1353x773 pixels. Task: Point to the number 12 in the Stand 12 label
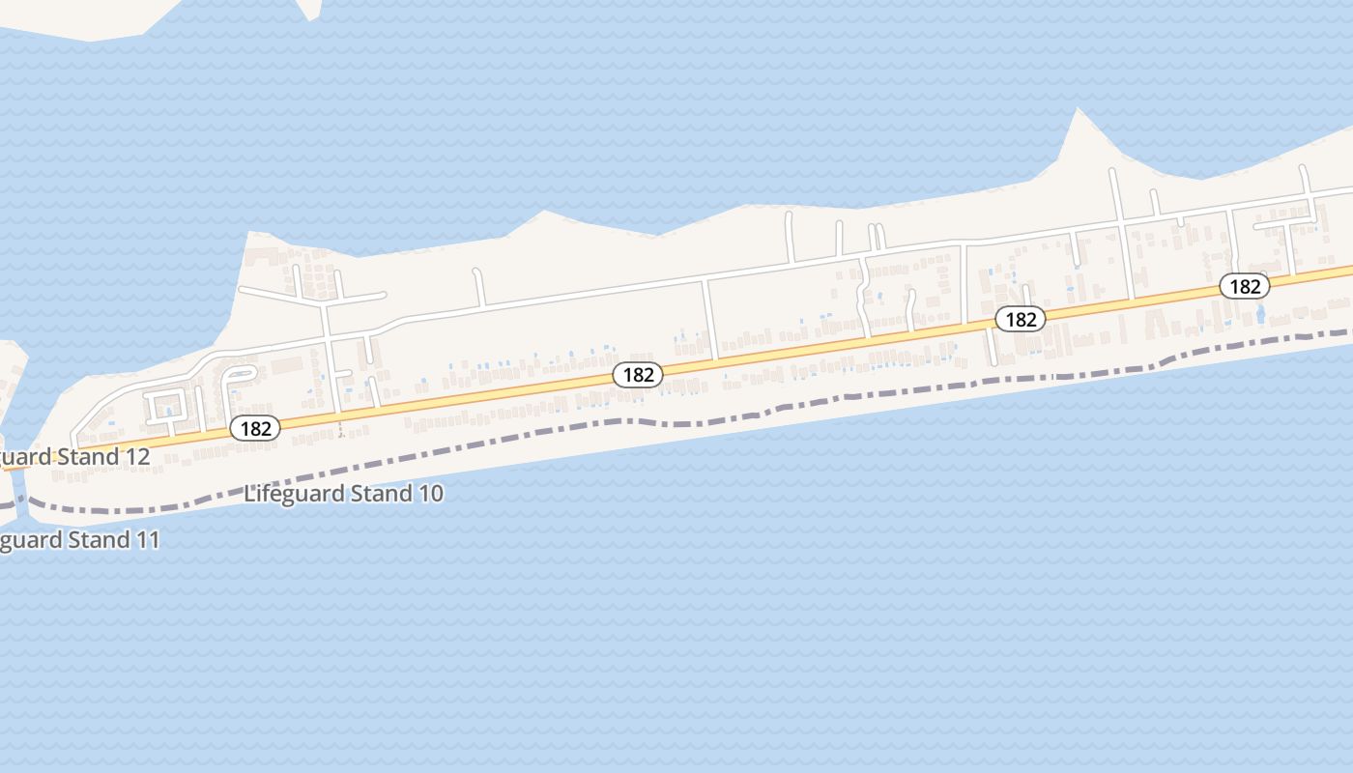136,456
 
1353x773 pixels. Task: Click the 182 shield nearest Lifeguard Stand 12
255,428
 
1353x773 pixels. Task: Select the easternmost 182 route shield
1244,286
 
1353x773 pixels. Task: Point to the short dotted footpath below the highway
340,430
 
